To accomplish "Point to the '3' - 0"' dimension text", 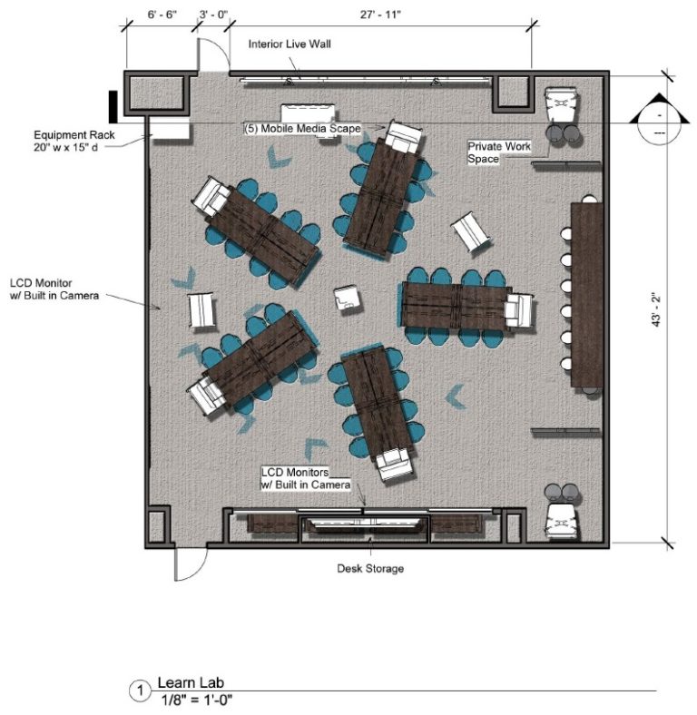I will coord(212,15).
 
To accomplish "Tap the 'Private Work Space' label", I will coord(498,152).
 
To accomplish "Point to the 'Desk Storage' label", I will coord(370,569).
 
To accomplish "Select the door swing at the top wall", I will coord(211,56).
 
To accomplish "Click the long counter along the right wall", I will coord(585,295).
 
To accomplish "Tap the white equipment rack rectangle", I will coord(170,131).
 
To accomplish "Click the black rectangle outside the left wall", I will coord(113,105).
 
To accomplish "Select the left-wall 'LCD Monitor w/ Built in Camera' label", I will coord(54,287).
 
